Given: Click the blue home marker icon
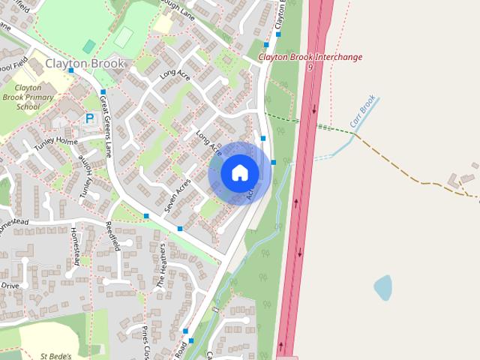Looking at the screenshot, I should click(240, 173).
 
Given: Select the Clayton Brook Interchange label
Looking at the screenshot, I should click(310, 57).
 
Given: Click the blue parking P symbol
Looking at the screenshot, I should click(90, 118).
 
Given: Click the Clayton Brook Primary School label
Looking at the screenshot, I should click(28, 97).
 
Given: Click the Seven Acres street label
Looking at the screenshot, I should click(178, 193).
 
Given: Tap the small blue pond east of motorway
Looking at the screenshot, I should click(382, 286).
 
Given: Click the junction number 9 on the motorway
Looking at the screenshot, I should click(310, 67).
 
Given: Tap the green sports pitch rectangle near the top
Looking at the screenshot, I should click(124, 34).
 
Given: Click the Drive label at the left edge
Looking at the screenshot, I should click(9, 285).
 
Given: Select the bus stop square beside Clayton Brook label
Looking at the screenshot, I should click(133, 70).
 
